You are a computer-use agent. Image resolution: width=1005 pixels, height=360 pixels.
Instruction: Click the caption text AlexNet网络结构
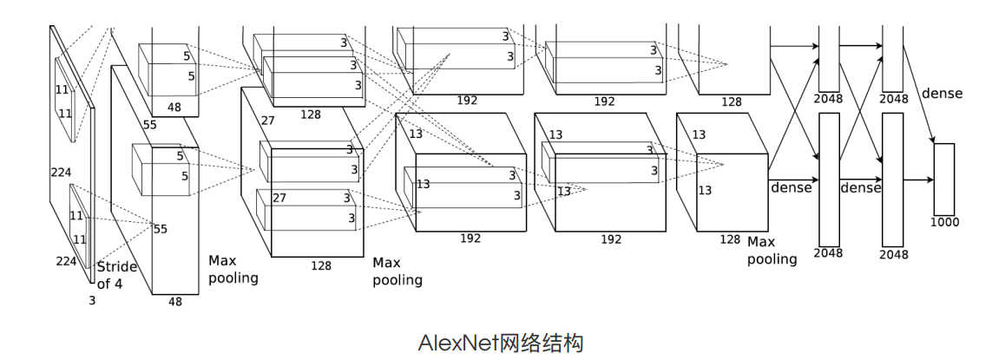[502, 343]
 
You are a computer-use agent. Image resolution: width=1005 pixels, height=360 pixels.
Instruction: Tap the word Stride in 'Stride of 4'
[117, 266]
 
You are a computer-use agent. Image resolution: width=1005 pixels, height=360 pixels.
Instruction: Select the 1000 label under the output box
[945, 222]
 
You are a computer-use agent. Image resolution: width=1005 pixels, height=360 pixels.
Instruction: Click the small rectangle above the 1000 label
[943, 179]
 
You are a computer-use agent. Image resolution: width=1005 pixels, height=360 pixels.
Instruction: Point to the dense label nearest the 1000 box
[942, 93]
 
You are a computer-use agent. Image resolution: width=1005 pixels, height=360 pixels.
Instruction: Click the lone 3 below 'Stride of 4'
[92, 300]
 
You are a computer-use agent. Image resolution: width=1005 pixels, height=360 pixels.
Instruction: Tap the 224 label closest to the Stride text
[67, 261]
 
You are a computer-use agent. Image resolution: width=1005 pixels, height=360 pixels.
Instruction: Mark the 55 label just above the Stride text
[160, 229]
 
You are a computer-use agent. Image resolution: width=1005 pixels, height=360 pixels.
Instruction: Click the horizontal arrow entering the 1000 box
[917, 180]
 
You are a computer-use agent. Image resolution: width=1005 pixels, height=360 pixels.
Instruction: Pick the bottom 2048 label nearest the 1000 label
[894, 254]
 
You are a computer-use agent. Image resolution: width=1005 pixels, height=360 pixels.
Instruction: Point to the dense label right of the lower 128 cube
[791, 187]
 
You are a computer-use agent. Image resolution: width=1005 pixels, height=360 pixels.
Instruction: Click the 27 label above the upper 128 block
[267, 121]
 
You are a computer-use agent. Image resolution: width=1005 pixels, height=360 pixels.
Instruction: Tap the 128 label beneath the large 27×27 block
[321, 265]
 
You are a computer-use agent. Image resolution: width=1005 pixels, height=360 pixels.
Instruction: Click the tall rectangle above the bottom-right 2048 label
[893, 180]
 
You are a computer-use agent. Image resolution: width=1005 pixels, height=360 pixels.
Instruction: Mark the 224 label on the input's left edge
[61, 173]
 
